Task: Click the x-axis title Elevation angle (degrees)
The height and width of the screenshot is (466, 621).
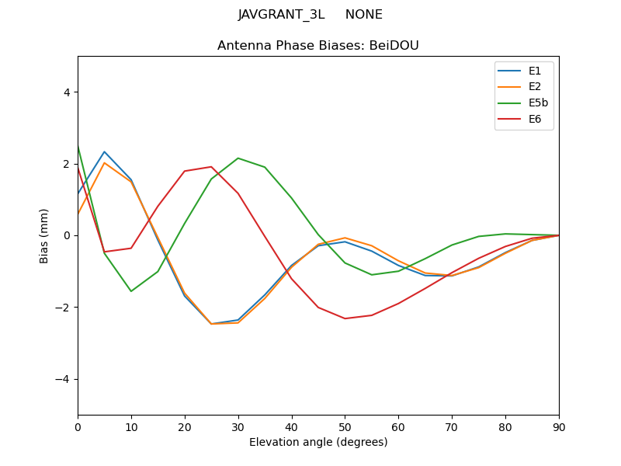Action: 318,442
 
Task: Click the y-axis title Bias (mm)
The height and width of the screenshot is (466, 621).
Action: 44,235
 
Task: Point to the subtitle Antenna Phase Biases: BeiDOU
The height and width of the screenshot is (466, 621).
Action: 318,46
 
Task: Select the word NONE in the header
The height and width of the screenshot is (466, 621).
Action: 364,15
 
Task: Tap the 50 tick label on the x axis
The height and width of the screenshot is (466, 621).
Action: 345,426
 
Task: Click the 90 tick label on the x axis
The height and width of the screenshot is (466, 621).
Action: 558,426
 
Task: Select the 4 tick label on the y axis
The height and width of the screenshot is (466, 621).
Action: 66,92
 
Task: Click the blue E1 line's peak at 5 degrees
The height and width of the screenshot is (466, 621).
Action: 104,152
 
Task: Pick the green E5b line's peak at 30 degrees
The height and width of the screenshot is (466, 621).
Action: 238,158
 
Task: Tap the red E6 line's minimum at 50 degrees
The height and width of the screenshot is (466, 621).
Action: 345,318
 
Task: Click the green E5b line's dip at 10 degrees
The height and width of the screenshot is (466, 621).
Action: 131,291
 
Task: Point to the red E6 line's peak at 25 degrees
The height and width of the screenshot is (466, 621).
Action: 211,167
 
